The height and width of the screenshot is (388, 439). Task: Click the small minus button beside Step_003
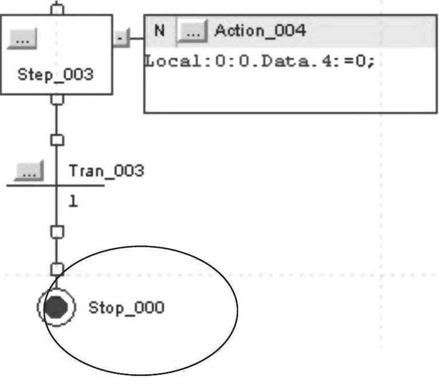(x=120, y=39)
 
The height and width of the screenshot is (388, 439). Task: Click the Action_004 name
(x=259, y=30)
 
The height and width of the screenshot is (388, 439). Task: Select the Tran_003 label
(x=106, y=171)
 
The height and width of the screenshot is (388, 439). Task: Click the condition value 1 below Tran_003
(x=73, y=202)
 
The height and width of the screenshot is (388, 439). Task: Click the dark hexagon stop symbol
(x=56, y=308)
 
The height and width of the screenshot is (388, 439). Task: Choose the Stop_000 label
(x=126, y=308)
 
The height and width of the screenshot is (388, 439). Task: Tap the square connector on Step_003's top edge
(x=56, y=9)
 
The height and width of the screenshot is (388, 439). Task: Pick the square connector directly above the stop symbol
(x=56, y=268)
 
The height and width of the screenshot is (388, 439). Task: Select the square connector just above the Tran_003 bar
(x=56, y=139)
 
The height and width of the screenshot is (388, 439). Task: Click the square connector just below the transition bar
(x=56, y=232)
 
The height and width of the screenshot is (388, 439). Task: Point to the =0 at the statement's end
(x=359, y=61)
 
